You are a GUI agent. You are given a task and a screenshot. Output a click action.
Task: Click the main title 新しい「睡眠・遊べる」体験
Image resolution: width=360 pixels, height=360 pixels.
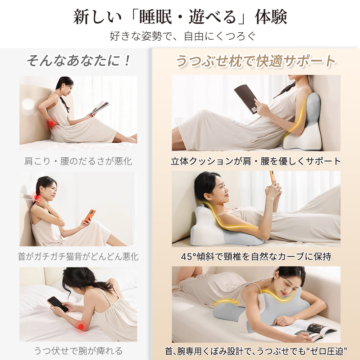pos(180,17)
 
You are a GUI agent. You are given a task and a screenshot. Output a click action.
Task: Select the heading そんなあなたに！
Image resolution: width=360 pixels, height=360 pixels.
pos(78,60)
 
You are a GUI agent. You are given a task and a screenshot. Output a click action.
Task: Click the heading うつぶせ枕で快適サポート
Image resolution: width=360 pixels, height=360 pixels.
pos(256,61)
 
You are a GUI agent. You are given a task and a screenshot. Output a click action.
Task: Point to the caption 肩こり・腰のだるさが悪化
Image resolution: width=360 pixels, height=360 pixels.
pos(78,161)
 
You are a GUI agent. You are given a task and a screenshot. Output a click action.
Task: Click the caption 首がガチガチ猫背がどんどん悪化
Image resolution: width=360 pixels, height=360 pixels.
pos(78,256)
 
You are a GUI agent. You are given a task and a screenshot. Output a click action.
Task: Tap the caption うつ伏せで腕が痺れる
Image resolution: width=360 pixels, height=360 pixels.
pos(78,350)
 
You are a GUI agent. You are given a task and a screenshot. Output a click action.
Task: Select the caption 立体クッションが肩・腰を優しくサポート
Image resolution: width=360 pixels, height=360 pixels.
pos(256,161)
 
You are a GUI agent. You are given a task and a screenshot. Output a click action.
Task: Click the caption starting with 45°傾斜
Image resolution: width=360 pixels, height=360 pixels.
pos(256,256)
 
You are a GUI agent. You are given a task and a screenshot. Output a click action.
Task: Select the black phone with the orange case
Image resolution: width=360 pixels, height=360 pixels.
pos(58,304)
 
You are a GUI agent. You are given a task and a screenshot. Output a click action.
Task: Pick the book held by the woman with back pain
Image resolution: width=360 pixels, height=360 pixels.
pos(100,107)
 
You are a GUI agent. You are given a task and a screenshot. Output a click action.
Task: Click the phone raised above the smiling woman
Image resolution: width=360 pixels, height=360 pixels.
pos(273,177)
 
